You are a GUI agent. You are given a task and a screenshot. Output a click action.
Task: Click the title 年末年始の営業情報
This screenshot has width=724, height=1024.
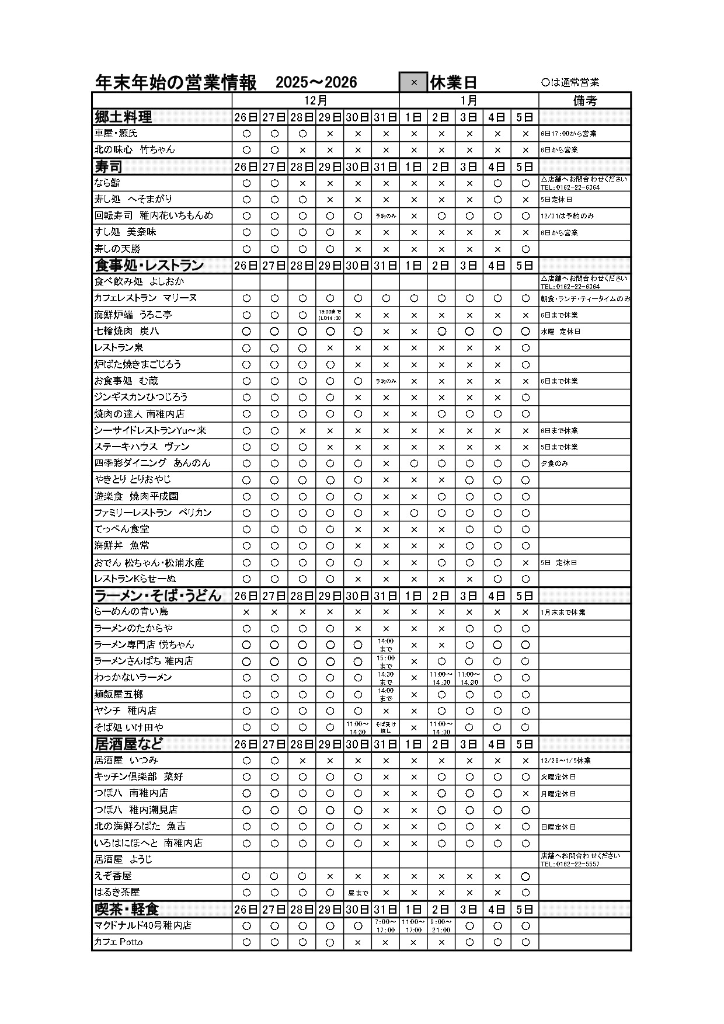click(x=176, y=82)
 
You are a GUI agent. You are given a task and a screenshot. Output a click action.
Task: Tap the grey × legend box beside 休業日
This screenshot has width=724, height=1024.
click(x=413, y=82)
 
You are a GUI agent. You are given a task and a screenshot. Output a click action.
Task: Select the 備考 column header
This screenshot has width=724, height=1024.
click(x=584, y=100)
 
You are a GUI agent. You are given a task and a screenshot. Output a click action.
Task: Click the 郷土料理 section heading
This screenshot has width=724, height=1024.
click(x=123, y=117)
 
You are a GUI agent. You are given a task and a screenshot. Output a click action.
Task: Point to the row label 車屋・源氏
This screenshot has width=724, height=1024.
click(x=116, y=133)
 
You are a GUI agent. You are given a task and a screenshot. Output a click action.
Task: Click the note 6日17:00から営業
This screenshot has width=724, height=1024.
click(x=568, y=134)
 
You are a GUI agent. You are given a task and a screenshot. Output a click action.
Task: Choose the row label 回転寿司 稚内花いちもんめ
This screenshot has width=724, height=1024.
click(x=154, y=215)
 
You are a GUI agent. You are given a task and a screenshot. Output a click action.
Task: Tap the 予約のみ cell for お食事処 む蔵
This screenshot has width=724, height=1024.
click(x=385, y=381)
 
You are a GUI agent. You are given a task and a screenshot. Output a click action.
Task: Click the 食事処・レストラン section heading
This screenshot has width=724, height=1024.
click(x=149, y=266)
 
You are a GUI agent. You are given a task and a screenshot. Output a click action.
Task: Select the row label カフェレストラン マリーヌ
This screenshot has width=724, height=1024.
click(x=145, y=298)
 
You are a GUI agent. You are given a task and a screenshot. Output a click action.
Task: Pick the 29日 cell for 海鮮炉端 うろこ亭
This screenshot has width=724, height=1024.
click(x=330, y=315)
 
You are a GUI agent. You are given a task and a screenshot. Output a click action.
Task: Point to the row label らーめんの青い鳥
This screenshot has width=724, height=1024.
click(x=131, y=612)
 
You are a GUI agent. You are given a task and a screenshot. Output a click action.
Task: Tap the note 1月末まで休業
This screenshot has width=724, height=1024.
click(x=563, y=612)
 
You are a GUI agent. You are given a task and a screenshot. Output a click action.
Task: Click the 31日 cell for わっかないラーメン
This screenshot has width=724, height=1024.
click(x=385, y=678)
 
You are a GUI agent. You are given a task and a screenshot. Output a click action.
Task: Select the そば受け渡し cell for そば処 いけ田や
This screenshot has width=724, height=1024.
click(x=385, y=727)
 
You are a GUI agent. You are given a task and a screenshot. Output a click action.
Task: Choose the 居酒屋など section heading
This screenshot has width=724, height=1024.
click(x=128, y=744)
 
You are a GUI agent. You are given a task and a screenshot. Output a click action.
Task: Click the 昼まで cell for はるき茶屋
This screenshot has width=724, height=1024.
click(x=358, y=893)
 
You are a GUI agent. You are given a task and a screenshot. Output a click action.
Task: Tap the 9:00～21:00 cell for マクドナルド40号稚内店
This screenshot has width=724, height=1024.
click(x=441, y=926)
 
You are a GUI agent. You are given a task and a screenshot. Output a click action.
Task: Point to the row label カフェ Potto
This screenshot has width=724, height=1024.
click(x=119, y=942)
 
